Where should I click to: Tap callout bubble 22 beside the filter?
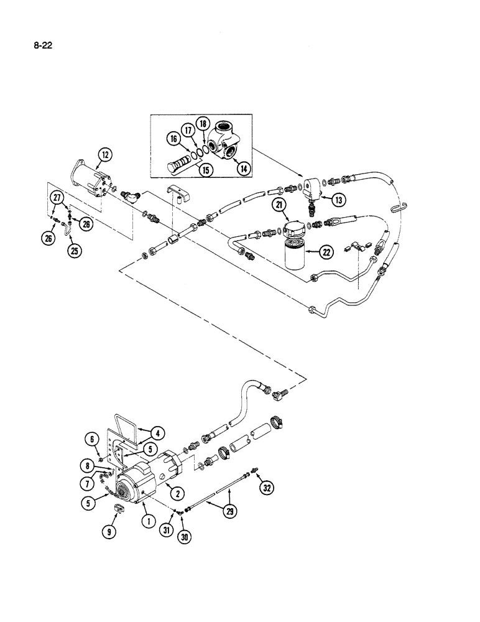(x=326, y=251)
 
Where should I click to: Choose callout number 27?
(x=58, y=199)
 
